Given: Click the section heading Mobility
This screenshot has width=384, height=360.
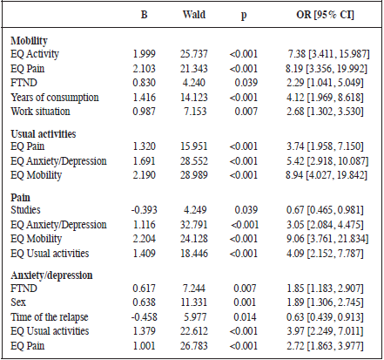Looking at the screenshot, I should tap(30, 41).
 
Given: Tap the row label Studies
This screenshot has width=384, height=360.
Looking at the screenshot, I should tap(26, 209).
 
